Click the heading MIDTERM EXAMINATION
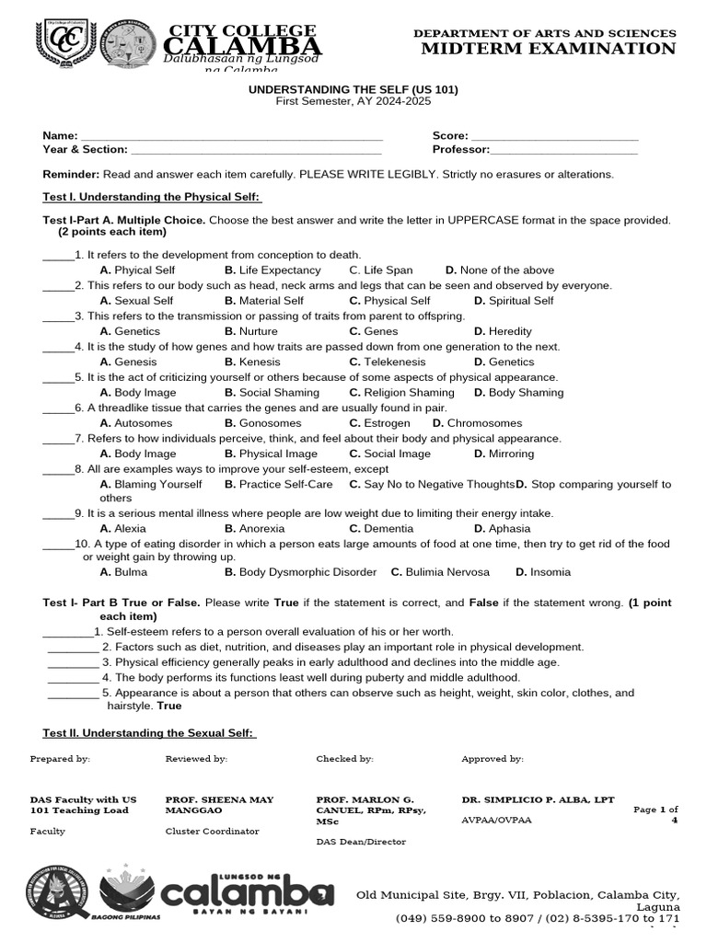pos(548,49)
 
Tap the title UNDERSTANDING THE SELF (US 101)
pos(353,89)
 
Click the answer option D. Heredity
pos(503,331)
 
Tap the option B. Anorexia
pos(255,529)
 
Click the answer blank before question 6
pos(57,409)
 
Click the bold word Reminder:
pos(71,175)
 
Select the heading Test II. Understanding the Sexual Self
pos(149,733)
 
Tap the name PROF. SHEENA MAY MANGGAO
pos(219,806)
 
